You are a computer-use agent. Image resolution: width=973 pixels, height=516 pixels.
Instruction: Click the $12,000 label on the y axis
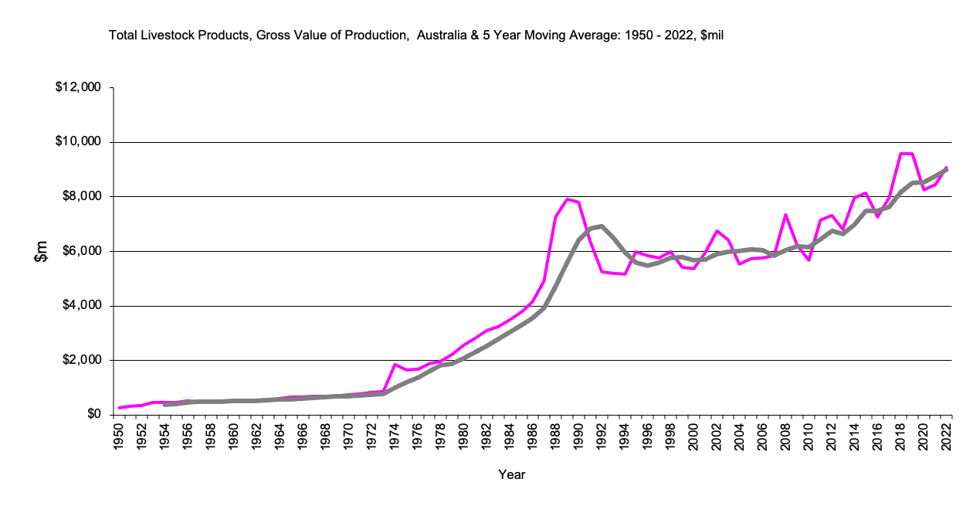click(80, 87)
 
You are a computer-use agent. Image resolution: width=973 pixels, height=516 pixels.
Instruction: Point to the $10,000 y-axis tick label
click(80, 142)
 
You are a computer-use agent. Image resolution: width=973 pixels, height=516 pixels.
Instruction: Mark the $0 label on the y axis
click(93, 415)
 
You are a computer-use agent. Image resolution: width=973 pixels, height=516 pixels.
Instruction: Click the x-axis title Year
click(512, 474)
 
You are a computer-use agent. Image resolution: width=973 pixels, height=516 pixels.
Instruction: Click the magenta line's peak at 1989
click(567, 199)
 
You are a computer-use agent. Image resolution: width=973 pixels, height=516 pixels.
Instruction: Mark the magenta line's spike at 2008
click(785, 215)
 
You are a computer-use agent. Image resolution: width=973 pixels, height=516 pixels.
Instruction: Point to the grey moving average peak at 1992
click(602, 226)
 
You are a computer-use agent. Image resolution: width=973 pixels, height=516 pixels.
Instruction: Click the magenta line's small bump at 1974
click(395, 365)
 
